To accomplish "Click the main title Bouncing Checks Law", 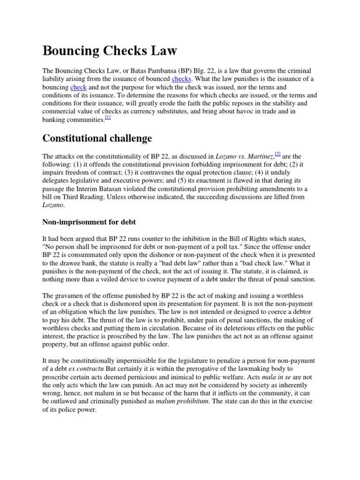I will pyautogui.click(x=110, y=50).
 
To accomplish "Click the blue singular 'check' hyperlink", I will pyautogui.click(x=78, y=87).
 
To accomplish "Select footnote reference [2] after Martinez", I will pyautogui.click(x=277, y=154).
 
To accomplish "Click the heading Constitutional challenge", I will pyautogui.click(x=97, y=138).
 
